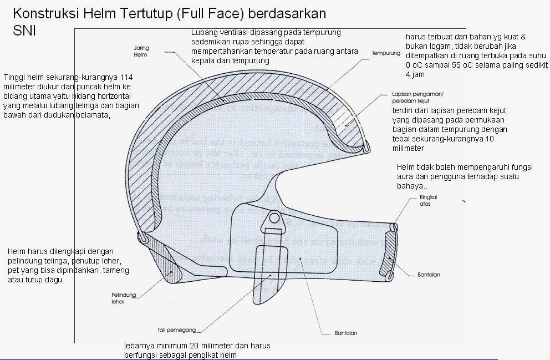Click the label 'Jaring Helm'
tap(141, 52)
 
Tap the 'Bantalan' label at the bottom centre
tap(345, 333)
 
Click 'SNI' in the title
tap(24, 32)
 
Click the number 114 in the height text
tap(126, 77)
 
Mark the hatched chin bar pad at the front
tap(389, 250)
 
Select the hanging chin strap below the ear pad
tap(271, 272)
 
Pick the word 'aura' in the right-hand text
tap(406, 176)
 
